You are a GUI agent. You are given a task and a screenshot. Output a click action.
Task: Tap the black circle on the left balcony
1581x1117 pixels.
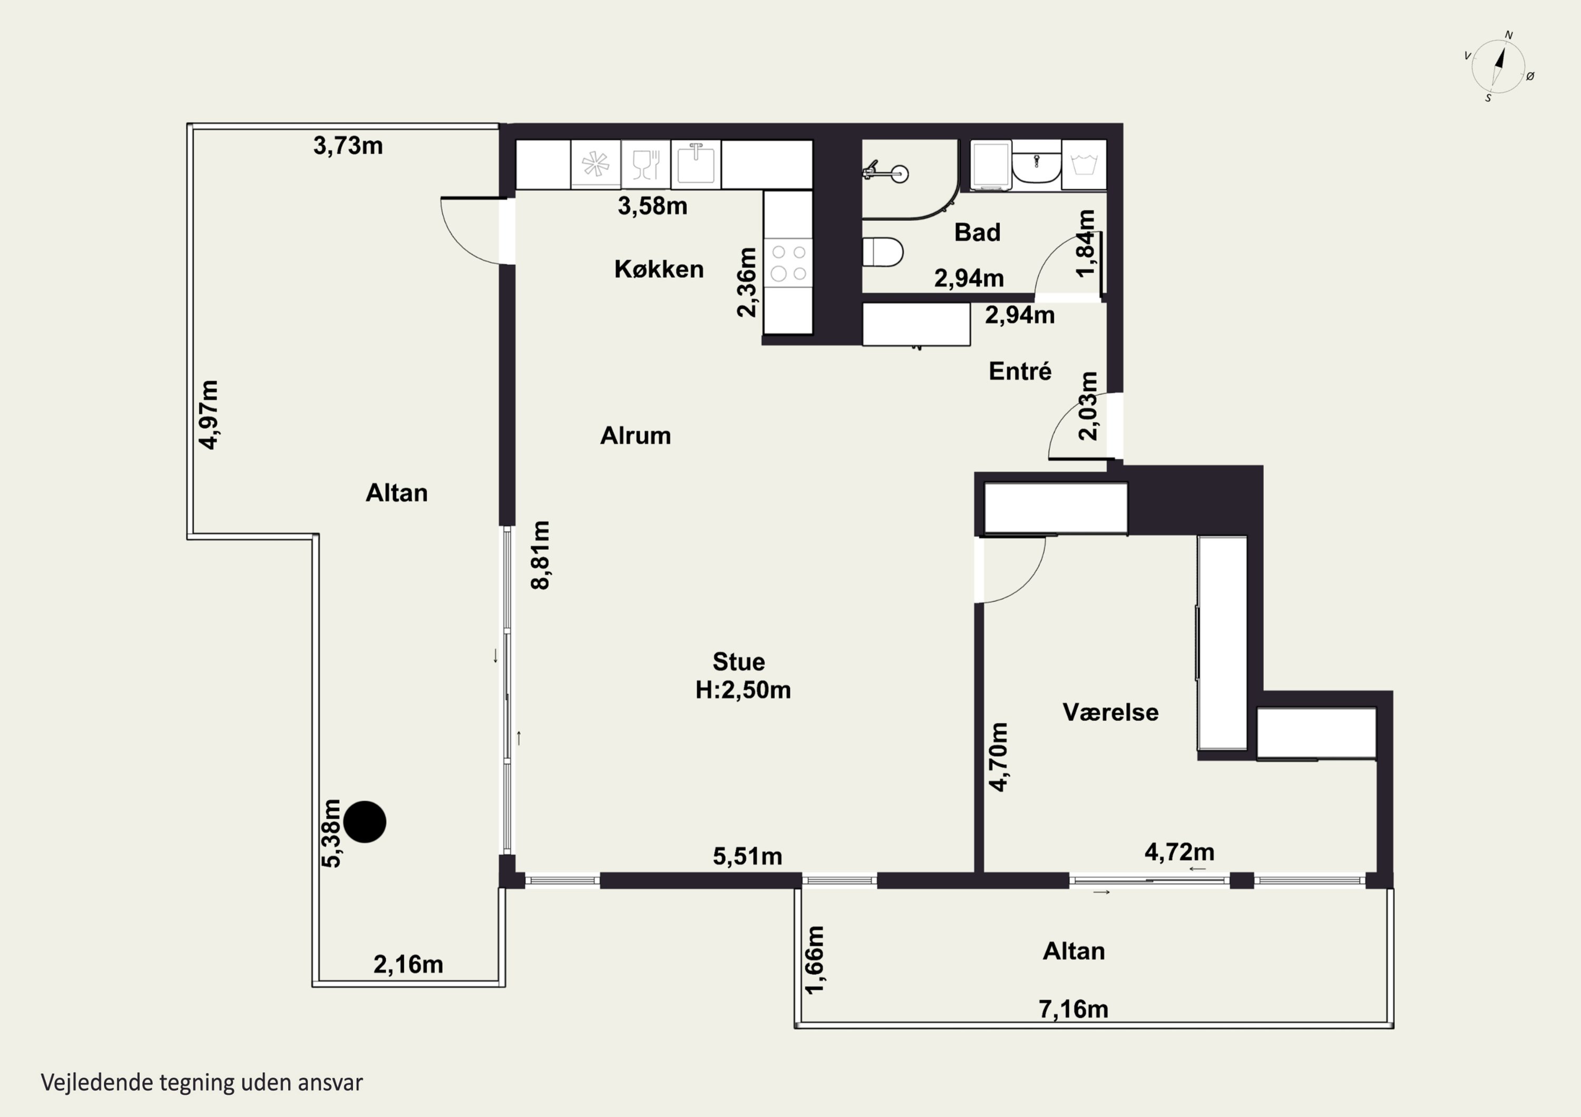click(364, 822)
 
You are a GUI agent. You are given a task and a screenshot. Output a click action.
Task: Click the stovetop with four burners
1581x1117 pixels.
click(788, 263)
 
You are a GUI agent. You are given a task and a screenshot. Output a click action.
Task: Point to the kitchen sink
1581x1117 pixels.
click(696, 164)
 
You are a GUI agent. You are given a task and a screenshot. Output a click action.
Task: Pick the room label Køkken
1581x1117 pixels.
click(659, 269)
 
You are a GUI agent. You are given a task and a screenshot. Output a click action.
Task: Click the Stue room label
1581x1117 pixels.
click(738, 661)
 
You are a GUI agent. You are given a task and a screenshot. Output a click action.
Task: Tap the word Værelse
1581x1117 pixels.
click(1110, 713)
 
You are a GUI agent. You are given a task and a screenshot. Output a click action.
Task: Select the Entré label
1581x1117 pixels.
click(1020, 372)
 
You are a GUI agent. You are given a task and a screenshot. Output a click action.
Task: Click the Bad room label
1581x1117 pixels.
click(977, 233)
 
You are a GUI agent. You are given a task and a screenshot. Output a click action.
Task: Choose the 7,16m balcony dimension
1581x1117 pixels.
click(1073, 1010)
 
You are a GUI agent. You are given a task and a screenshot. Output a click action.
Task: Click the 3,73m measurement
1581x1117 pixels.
click(348, 146)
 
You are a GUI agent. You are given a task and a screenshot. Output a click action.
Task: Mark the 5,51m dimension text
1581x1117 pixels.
click(747, 857)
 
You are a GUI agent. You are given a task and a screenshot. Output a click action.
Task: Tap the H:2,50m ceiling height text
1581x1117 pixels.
click(743, 689)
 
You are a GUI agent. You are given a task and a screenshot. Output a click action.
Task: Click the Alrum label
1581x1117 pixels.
click(636, 436)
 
